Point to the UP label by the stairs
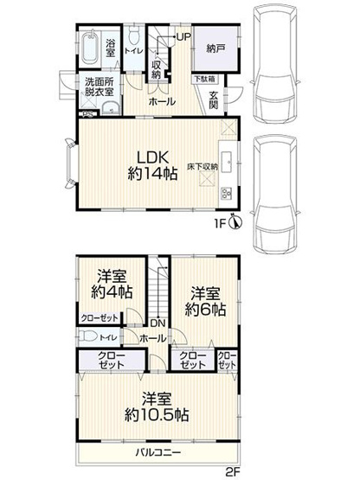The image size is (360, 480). [x=183, y=36]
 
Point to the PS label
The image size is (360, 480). [x=85, y=113]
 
